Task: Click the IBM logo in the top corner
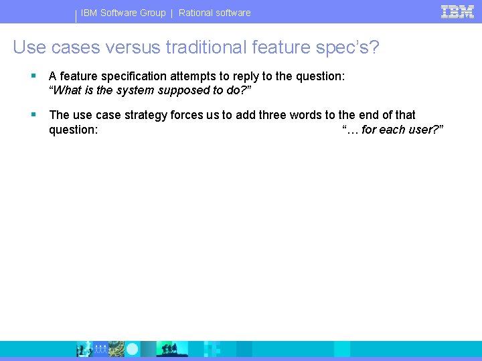pyautogui.click(x=457, y=11)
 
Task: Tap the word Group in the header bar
pyautogui.click(x=152, y=13)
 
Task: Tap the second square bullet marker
pyautogui.click(x=33, y=115)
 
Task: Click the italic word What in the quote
pyautogui.click(x=68, y=90)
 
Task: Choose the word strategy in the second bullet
pyautogui.click(x=145, y=115)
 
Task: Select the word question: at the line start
pyautogui.click(x=74, y=130)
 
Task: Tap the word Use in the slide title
pyautogui.click(x=27, y=47)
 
